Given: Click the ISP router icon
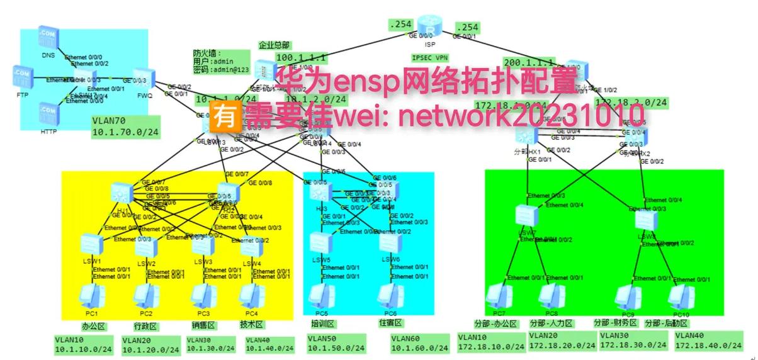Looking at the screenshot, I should [x=431, y=31].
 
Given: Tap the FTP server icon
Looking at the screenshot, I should [x=23, y=76].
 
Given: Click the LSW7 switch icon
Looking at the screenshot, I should [x=524, y=216].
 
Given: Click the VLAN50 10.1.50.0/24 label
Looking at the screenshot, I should [x=336, y=343].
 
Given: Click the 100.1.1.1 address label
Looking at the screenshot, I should [x=300, y=58].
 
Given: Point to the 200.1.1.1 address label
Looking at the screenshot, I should [x=529, y=62].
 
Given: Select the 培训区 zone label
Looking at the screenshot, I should [x=322, y=324].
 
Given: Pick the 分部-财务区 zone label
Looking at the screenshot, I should [x=615, y=323].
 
